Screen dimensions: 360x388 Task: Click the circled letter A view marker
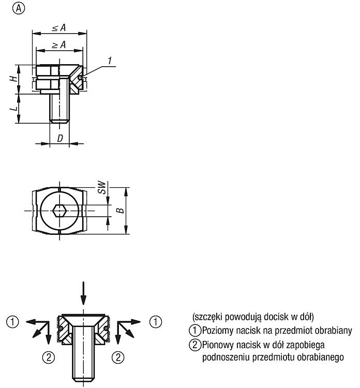(x=19, y=9)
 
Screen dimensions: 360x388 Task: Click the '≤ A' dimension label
(x=59, y=27)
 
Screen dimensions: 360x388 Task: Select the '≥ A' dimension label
(x=59, y=45)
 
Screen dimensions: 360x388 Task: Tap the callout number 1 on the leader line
(x=110, y=61)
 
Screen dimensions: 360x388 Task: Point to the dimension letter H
(x=14, y=79)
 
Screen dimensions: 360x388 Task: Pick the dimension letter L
(x=14, y=108)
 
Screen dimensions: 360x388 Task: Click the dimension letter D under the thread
(x=60, y=139)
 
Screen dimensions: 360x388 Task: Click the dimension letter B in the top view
(x=120, y=211)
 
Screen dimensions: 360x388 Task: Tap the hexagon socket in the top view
(x=59, y=211)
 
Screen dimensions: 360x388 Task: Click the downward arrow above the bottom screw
(x=84, y=293)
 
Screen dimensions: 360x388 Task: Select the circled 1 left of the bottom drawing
(x=12, y=322)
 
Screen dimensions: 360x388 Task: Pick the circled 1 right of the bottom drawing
(x=156, y=322)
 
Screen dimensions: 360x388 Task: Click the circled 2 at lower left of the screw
(x=49, y=357)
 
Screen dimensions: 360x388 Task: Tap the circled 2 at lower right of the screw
(x=118, y=357)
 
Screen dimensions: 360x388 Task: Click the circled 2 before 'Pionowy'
(x=195, y=345)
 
